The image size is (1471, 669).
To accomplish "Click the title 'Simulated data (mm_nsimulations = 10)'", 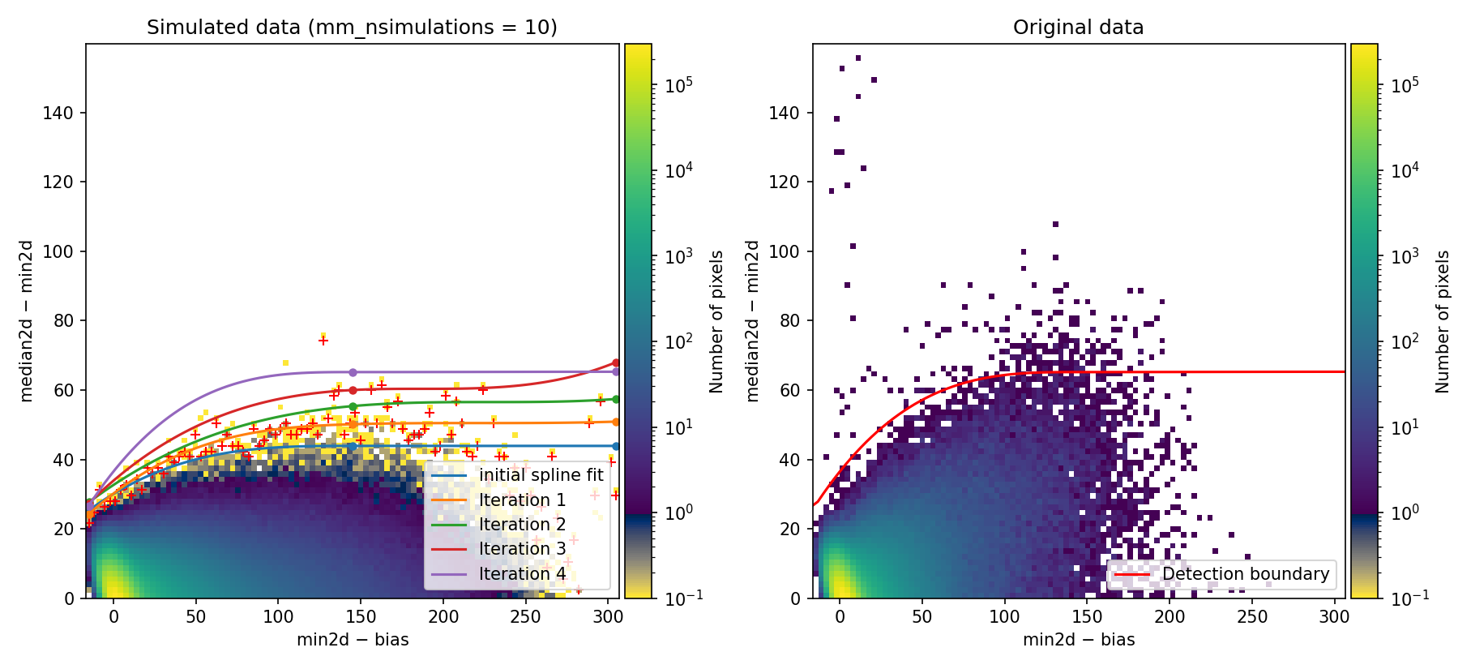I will [352, 28].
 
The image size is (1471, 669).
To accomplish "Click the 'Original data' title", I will [1078, 28].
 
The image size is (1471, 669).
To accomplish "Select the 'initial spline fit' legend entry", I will [541, 475].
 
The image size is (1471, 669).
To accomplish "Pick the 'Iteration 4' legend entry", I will [522, 574].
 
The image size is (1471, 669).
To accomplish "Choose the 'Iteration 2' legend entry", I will [522, 525].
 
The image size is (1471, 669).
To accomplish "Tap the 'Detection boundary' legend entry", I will [1245, 574].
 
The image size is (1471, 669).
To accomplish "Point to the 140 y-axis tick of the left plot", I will [58, 113].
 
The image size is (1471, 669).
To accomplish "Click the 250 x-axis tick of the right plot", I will [1252, 617].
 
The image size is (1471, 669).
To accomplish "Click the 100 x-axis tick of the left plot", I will [278, 617].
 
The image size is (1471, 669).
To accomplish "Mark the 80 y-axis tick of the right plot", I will [785, 320].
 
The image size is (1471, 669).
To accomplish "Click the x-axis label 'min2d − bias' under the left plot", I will [353, 640].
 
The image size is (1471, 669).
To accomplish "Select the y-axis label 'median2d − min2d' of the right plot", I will [752, 320].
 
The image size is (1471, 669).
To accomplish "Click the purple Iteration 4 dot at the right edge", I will [616, 371].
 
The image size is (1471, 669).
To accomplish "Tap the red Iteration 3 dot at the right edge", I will [616, 362].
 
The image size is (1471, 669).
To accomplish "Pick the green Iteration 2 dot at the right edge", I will [616, 399].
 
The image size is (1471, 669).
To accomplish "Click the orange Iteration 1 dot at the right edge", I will [616, 422].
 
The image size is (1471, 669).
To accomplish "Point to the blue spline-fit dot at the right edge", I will [616, 446].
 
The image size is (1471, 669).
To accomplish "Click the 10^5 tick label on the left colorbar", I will [678, 84].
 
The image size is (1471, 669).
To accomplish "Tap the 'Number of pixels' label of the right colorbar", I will [1443, 321].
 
